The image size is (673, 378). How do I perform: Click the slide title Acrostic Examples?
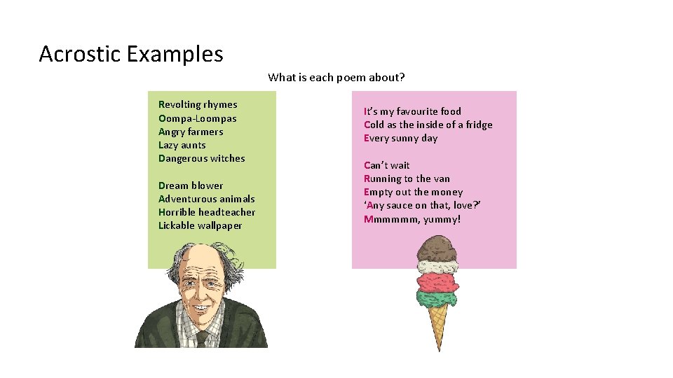[x=131, y=54]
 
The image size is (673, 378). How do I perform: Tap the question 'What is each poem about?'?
[x=336, y=78]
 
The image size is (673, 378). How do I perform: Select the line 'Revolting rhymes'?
[x=198, y=105]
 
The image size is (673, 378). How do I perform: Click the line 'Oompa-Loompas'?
[x=198, y=118]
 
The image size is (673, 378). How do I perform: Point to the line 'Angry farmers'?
[x=191, y=132]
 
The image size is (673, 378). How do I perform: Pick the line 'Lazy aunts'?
[x=182, y=145]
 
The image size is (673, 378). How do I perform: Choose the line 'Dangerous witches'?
[x=202, y=158]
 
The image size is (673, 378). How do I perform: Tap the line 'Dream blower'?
[x=191, y=185]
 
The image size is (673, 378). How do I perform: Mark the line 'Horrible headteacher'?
[x=207, y=212]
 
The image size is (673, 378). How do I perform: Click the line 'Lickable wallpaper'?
[x=200, y=225]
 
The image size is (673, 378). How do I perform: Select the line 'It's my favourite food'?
[x=412, y=111]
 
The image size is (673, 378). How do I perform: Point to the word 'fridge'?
[x=478, y=125]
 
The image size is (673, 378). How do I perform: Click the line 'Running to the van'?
[x=407, y=178]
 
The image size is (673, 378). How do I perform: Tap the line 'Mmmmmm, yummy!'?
[x=412, y=219]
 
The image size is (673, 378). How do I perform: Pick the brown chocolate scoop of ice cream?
[x=438, y=248]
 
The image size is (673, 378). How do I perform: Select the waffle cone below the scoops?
[x=438, y=325]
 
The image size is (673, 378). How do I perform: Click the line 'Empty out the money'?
[x=413, y=192]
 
